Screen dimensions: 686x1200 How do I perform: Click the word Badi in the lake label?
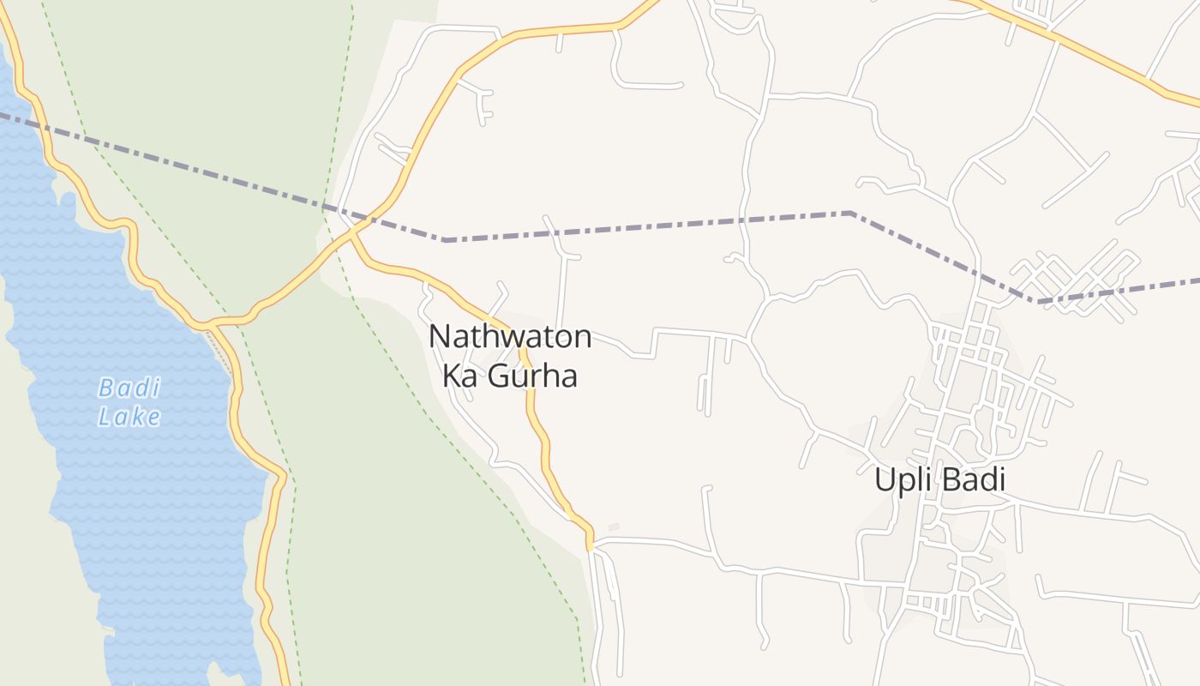pos(129,388)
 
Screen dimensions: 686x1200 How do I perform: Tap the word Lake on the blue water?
pos(129,418)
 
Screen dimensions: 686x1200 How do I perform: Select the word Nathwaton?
pos(510,337)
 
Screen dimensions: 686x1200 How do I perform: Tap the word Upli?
pos(901,479)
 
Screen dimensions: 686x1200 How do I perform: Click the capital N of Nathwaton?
pos(439,337)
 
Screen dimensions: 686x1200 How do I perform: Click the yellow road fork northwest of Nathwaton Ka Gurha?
pos(352,230)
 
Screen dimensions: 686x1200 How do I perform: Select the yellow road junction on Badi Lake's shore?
pos(206,324)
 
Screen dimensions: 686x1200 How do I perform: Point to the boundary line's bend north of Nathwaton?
pos(446,240)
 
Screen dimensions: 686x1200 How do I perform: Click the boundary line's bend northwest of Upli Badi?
pos(849,212)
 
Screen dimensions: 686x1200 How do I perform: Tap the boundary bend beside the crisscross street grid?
pos(1039,301)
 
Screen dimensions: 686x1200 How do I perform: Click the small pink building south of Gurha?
pos(614,527)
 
